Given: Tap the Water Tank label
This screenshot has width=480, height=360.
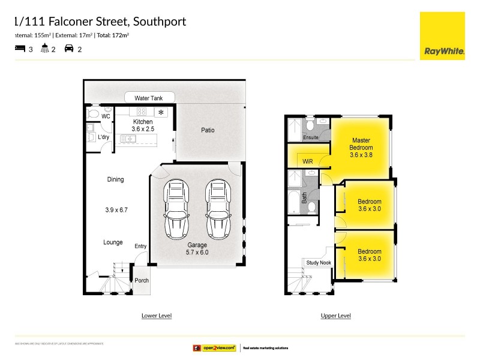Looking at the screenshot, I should (x=149, y=98).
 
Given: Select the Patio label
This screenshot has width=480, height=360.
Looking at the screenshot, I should (x=208, y=130).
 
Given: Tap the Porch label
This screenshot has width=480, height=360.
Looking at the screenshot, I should (x=142, y=281).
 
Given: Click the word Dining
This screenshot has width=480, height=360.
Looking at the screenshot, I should (x=115, y=179).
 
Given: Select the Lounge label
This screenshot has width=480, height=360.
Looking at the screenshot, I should (x=113, y=242).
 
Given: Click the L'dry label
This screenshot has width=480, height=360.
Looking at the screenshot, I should (x=104, y=137).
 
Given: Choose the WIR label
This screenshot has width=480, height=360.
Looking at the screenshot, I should (x=308, y=161).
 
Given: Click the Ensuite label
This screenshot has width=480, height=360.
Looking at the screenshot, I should (x=311, y=137).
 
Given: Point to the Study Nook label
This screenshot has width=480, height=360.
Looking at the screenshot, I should (x=318, y=263).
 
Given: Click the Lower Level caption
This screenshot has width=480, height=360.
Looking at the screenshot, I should (x=157, y=316).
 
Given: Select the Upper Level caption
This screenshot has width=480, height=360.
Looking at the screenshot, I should (x=336, y=316).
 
